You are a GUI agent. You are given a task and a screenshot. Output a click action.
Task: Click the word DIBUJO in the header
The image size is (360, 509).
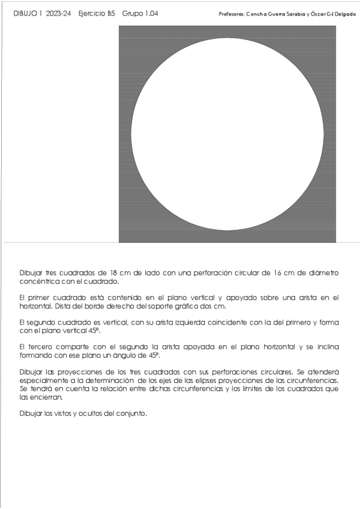click(x=24, y=13)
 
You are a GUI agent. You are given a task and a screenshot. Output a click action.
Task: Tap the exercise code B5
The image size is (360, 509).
click(x=111, y=13)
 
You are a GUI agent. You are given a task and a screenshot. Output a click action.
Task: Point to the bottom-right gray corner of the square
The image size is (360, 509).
click(x=333, y=239)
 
